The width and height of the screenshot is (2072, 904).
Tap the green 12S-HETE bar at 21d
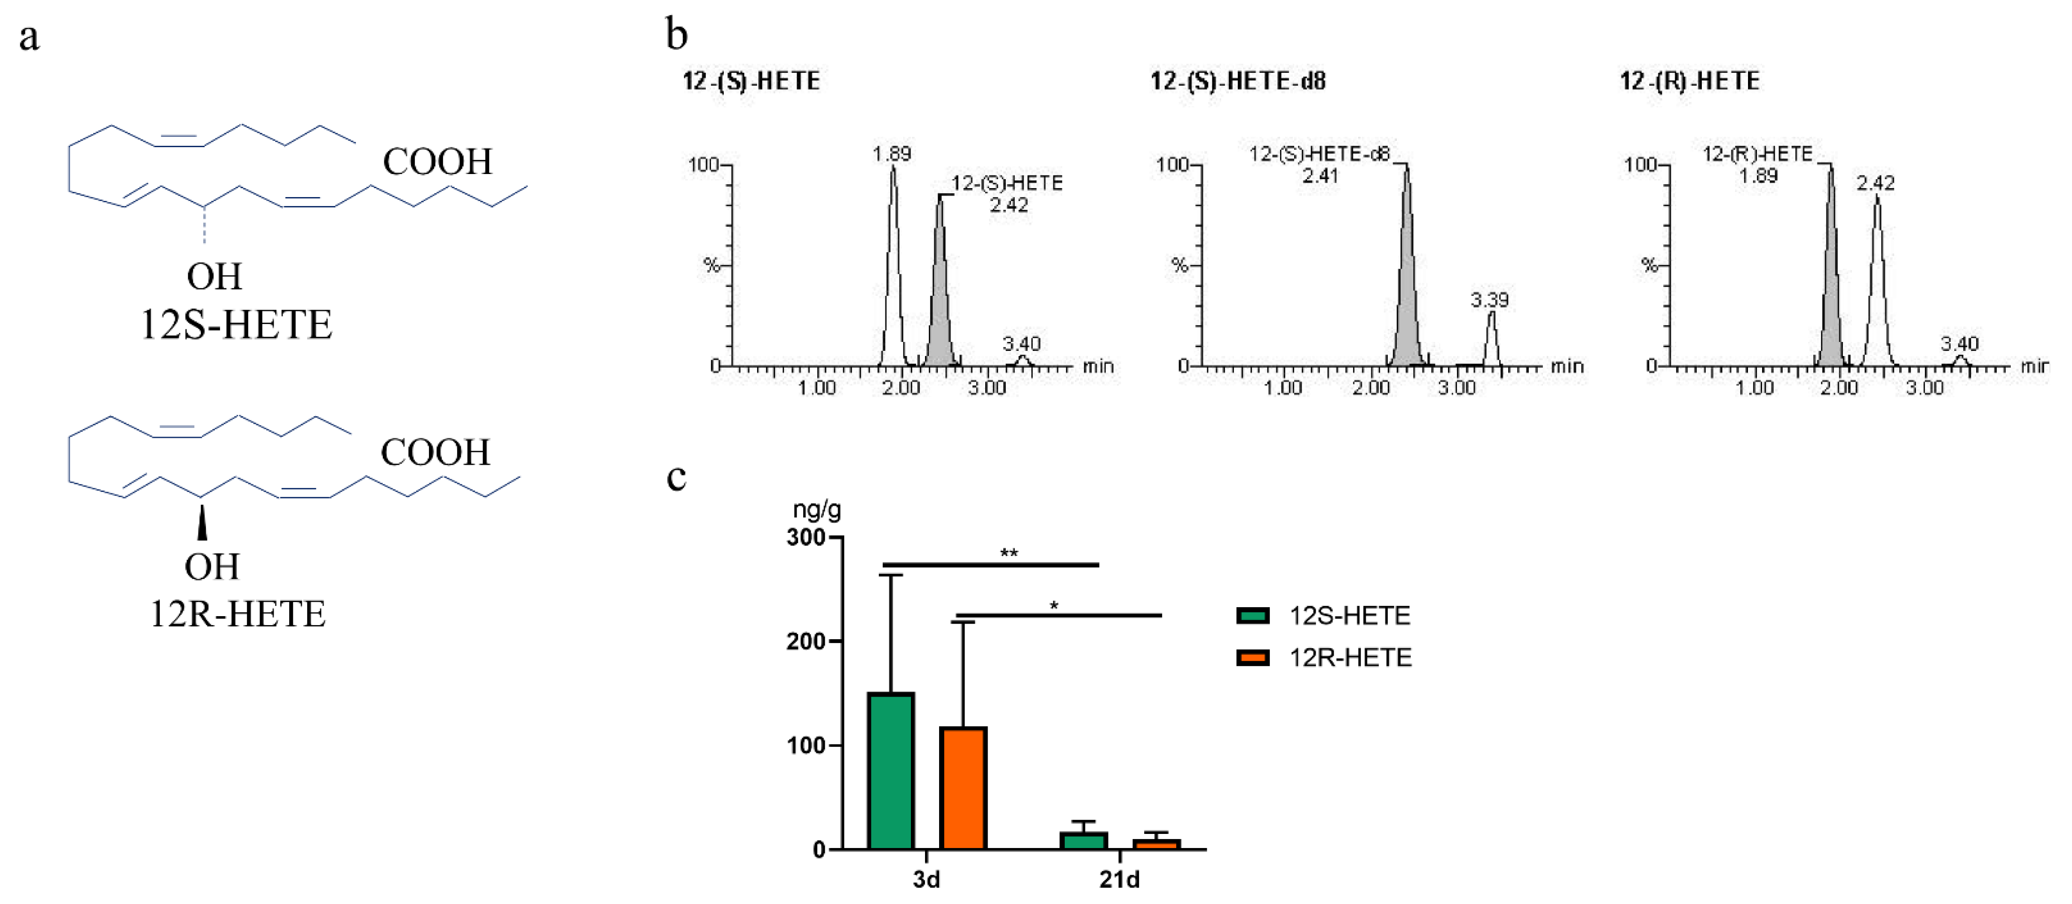tap(1083, 841)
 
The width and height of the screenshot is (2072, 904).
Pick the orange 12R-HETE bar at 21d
tap(1156, 844)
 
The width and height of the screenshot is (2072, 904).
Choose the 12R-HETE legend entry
tap(1324, 658)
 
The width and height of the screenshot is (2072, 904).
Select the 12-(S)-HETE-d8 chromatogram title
tap(1238, 81)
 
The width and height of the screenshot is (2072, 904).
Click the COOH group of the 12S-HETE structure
tap(437, 162)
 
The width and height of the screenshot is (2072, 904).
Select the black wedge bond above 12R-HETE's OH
tap(202, 523)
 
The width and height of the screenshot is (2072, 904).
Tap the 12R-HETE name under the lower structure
tap(237, 614)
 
